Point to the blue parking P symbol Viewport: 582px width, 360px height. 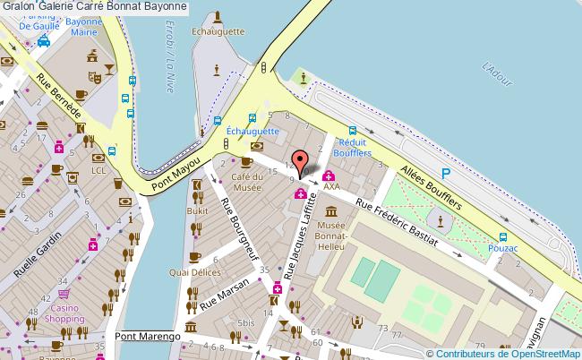(x=445, y=173)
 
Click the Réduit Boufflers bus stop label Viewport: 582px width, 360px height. (x=352, y=148)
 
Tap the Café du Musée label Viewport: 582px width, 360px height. (x=246, y=182)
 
